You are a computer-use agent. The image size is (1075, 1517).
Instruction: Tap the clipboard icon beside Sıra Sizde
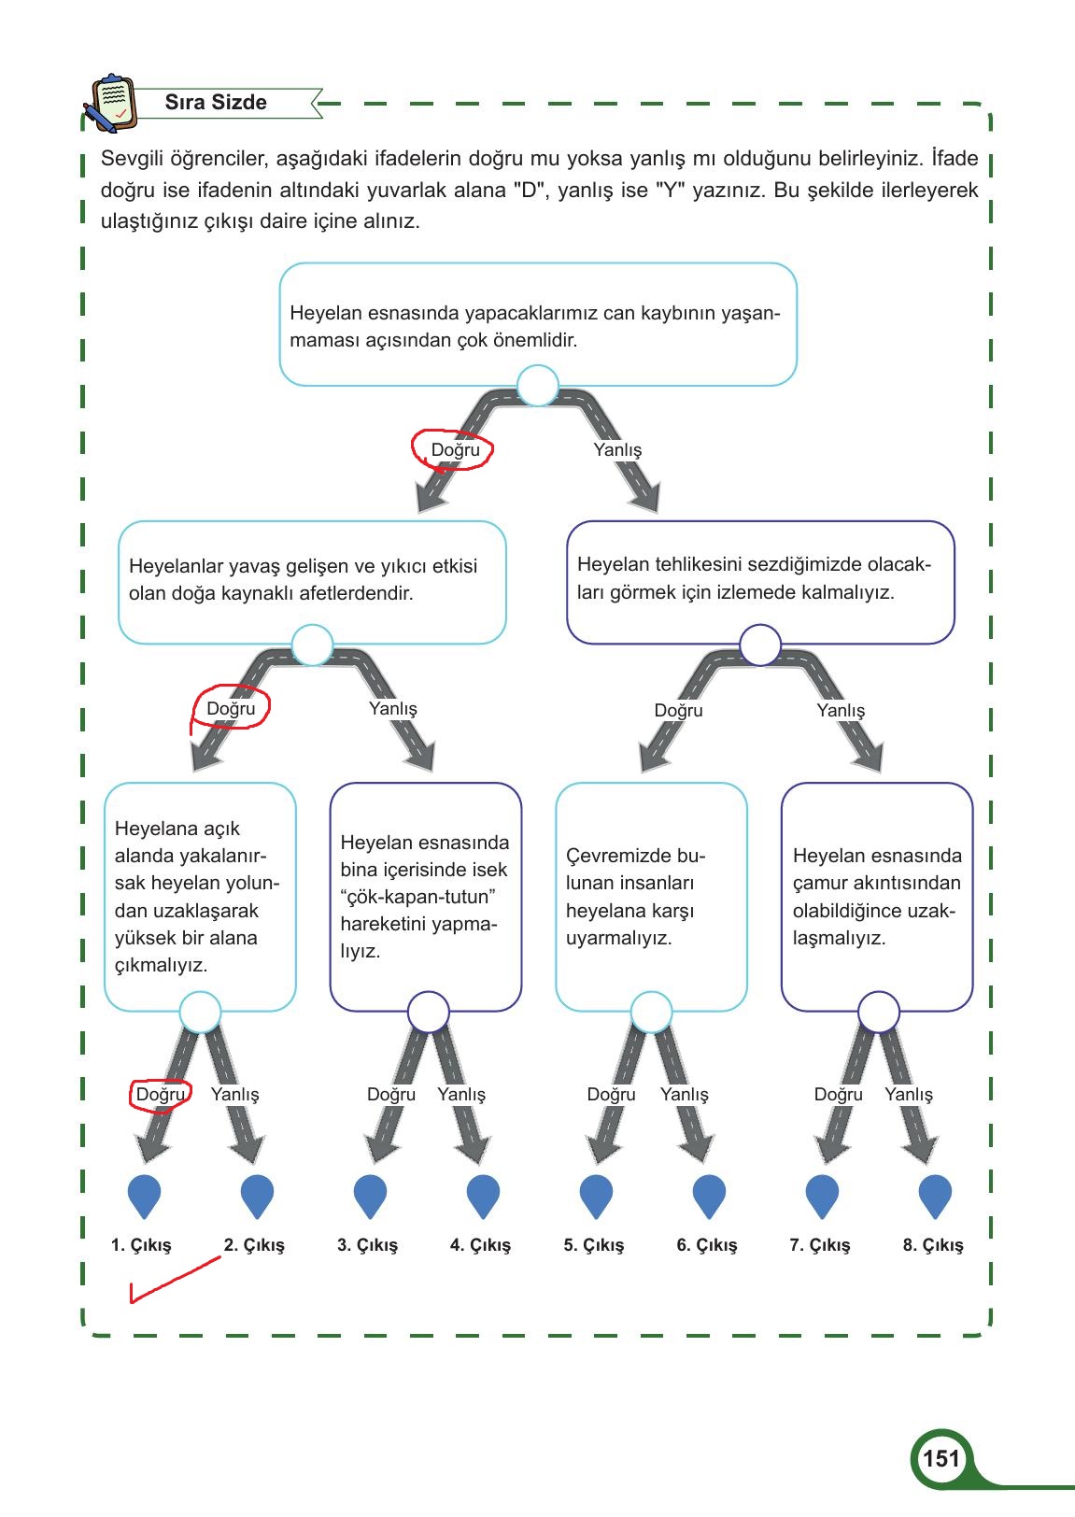(x=111, y=103)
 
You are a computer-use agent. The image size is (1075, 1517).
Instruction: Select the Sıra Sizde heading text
(x=216, y=102)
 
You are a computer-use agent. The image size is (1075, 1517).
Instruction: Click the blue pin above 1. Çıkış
(x=144, y=1197)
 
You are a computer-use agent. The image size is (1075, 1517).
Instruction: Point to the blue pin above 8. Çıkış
(x=935, y=1197)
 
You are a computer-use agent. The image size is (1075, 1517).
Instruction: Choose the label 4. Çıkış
(x=481, y=1245)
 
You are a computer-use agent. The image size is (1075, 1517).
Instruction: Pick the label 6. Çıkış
(x=707, y=1245)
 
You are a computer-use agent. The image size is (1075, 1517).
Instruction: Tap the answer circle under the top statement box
(x=538, y=386)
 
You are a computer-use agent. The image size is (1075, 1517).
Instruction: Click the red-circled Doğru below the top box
(x=455, y=449)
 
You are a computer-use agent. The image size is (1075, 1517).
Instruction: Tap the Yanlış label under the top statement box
(x=617, y=449)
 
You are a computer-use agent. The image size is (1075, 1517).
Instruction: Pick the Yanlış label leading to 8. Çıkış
(x=909, y=1095)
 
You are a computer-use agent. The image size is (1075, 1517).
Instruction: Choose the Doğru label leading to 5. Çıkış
(x=611, y=1095)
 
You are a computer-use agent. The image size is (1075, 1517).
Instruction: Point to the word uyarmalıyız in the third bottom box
(x=618, y=939)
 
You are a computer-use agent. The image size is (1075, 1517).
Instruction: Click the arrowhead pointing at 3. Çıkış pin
(x=382, y=1149)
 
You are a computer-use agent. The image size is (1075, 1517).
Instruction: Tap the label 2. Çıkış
(x=255, y=1245)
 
